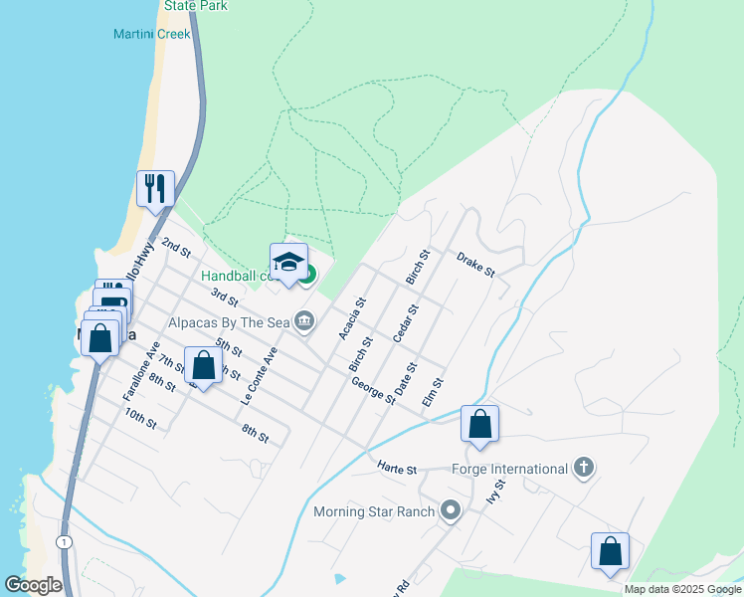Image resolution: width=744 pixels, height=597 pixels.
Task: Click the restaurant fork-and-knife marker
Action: [155, 188]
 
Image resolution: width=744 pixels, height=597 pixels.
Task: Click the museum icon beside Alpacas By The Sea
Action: [305, 320]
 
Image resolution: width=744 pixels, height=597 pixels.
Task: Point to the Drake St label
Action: [475, 265]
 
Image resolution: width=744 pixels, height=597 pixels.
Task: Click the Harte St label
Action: [396, 468]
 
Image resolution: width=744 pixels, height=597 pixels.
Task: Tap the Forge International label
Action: [509, 469]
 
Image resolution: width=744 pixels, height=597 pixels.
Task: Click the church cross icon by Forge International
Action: [584, 468]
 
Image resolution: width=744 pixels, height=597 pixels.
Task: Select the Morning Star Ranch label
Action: [374, 512]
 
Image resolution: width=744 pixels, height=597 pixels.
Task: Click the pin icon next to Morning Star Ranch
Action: [451, 511]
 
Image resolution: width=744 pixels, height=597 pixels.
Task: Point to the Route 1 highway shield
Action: [64, 540]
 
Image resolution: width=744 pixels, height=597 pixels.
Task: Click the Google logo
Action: [33, 585]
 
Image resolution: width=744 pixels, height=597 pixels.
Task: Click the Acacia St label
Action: [353, 318]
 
